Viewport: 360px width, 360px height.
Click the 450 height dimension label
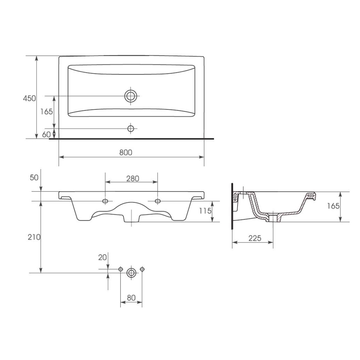[x=30, y=98]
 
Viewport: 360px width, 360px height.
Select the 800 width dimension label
[x=126, y=152]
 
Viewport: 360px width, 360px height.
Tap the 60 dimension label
[x=46, y=135]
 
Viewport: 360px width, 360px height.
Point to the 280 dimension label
[x=133, y=179]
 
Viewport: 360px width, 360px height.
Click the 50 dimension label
[x=34, y=177]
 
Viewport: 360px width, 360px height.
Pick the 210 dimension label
[x=34, y=237]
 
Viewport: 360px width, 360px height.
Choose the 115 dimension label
[x=205, y=211]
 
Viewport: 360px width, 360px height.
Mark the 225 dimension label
[x=255, y=238]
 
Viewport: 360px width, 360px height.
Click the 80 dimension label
[x=131, y=298]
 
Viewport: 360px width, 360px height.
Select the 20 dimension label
[x=103, y=258]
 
